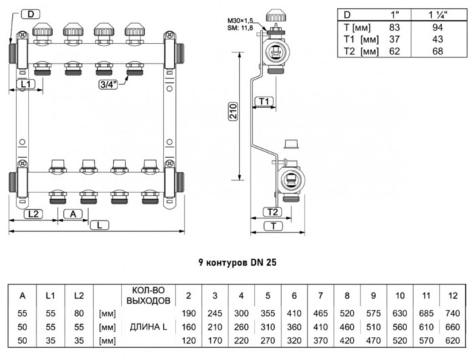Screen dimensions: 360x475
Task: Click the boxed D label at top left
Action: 31,13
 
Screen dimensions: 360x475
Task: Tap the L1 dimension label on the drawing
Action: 26,84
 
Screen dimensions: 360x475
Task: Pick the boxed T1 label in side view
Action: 265,101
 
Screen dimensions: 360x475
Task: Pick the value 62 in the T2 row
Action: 389,52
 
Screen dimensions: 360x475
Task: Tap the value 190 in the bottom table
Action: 188,314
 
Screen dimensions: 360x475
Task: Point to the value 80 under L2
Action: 79,314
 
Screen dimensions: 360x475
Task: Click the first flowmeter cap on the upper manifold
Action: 40,31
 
